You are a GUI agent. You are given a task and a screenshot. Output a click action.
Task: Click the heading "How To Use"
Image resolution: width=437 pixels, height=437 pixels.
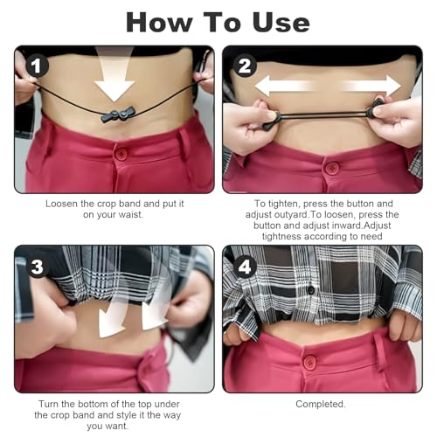tap(218, 21)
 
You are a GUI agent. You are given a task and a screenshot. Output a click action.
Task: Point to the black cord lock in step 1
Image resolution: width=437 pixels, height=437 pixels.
tap(116, 117)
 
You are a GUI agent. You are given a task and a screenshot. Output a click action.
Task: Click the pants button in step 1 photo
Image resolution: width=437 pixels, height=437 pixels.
tap(121, 154)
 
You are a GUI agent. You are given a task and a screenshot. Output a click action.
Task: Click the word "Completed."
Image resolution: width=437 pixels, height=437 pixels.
tap(321, 404)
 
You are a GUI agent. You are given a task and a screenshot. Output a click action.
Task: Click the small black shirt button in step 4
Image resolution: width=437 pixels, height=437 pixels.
tap(309, 290)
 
